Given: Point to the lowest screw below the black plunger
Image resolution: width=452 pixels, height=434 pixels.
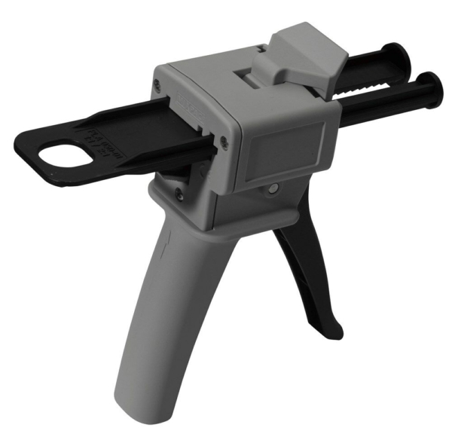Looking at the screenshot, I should [178, 193].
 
